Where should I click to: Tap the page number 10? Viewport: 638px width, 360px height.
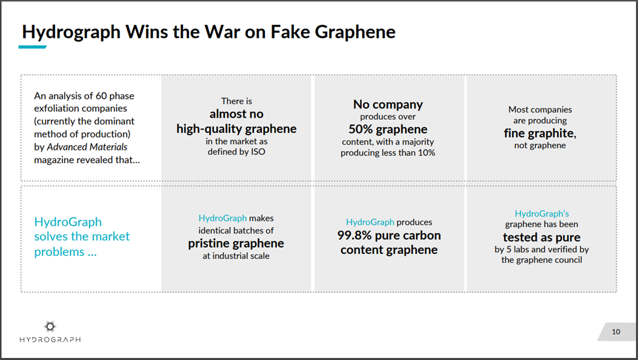pos(616,332)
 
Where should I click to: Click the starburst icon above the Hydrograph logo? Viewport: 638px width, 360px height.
pos(50,326)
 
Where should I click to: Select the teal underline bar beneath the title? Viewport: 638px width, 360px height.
pos(33,46)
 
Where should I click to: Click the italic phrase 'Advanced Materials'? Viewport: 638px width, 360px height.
pos(87,147)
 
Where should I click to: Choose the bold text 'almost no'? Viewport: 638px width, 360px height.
pos(236,114)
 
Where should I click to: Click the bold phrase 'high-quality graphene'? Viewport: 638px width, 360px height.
pos(236,129)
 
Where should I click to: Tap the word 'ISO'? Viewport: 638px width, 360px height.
pos(258,152)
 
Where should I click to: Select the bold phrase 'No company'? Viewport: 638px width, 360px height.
pos(388,105)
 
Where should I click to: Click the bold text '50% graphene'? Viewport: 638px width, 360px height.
pos(388,130)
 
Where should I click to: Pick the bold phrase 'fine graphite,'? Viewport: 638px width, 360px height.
pos(540,134)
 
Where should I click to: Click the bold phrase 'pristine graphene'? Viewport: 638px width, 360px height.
pos(236,243)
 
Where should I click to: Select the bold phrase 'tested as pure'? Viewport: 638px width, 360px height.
pos(542,237)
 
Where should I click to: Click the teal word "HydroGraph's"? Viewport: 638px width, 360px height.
pos(542,213)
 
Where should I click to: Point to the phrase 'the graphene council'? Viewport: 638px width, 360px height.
pos(542,260)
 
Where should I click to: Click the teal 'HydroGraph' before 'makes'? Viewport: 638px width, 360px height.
pos(222,219)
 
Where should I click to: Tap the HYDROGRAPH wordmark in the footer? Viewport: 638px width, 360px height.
pos(50,339)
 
